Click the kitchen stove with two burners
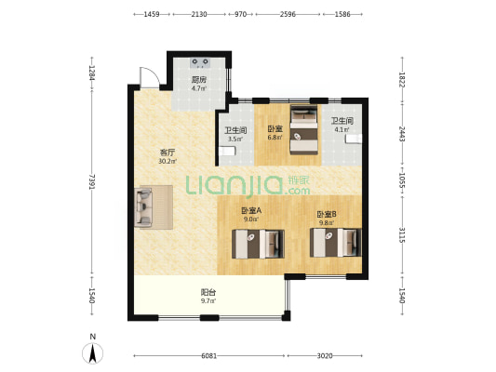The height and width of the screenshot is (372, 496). pos(200,63)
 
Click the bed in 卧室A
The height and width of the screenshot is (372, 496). pos(258,244)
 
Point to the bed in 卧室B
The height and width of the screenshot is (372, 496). pos(336,243)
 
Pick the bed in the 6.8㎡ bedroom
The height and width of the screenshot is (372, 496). pos(304,129)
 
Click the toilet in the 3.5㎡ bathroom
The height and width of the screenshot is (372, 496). pos(227,151)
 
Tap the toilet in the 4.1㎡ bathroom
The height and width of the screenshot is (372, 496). pos(354,139)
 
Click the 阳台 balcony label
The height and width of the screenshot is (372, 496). pos(208,292)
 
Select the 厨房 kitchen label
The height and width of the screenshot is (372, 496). pos(199,80)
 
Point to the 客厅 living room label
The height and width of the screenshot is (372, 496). pos(168,153)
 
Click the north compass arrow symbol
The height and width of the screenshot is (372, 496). pos(92,353)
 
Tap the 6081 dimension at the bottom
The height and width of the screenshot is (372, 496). pos(209,356)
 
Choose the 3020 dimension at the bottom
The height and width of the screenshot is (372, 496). pos(325,356)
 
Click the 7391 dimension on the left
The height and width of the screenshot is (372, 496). pos(92,181)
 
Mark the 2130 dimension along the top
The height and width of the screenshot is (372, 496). pos(199,14)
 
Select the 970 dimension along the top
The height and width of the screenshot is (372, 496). pos(240,14)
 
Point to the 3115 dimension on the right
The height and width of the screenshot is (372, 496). pos(402,235)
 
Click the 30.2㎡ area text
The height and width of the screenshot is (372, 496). pos(168,161)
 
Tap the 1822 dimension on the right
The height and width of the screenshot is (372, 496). pos(402,80)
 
